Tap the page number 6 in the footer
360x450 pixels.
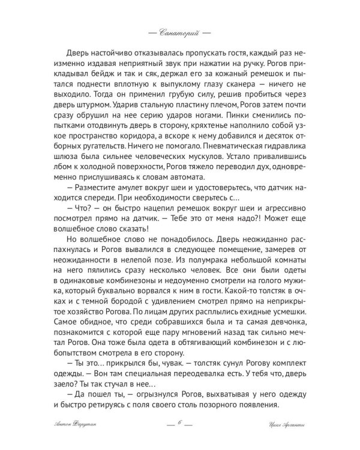(x=179, y=424)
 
